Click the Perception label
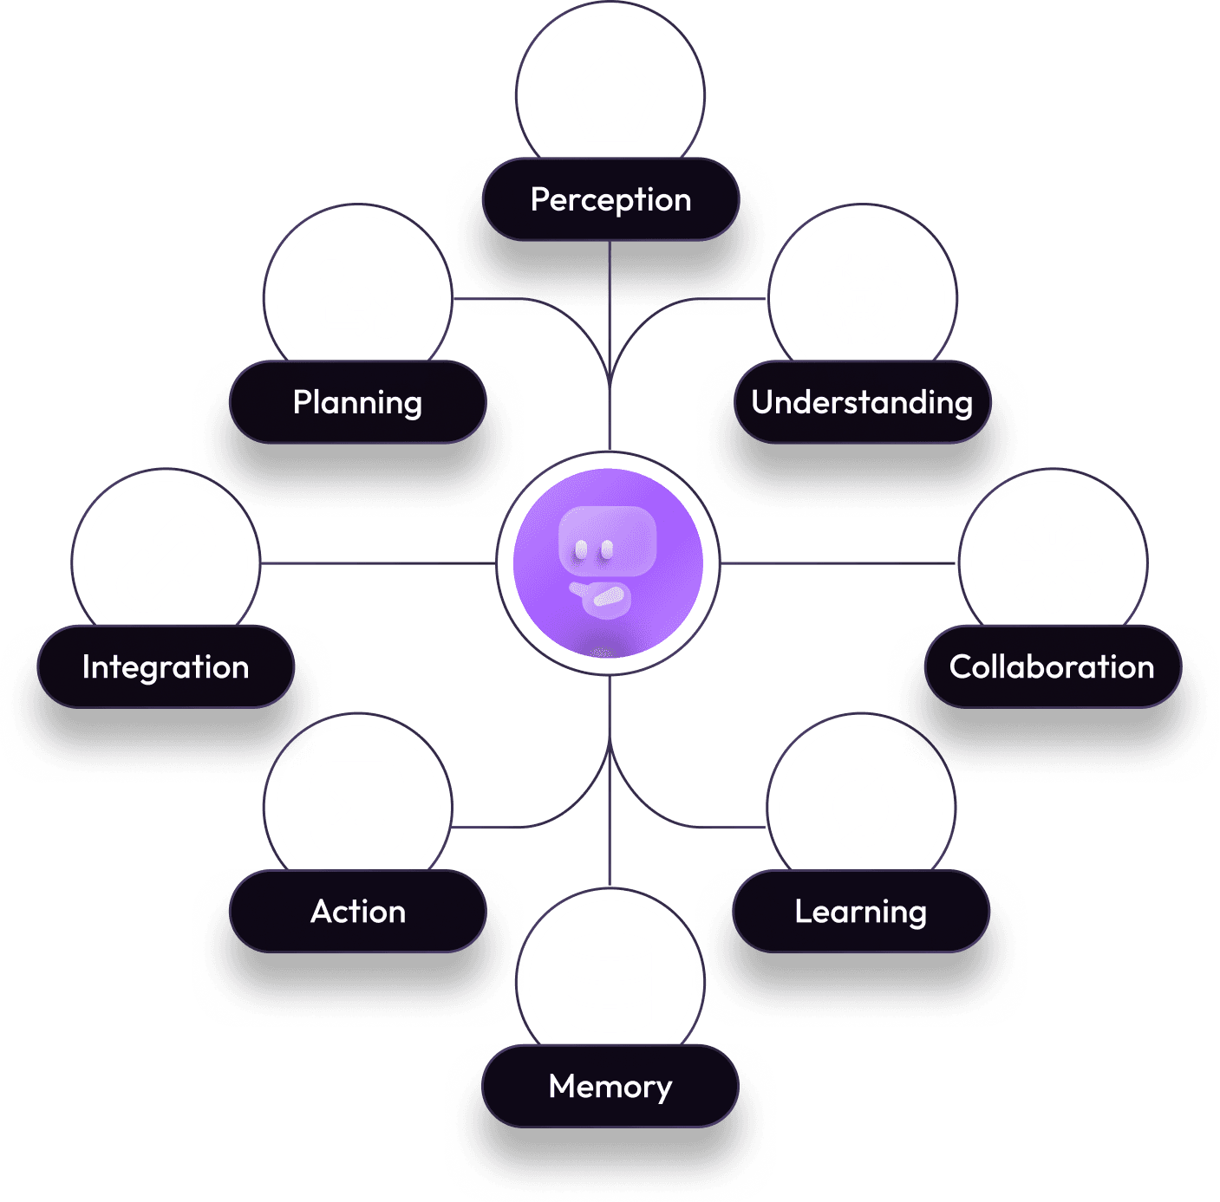tap(610, 199)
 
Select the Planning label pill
tap(357, 402)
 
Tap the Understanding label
tap(862, 402)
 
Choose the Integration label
tap(166, 666)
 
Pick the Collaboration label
tap(1052, 666)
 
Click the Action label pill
tap(357, 912)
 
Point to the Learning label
tap(861, 912)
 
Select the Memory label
tap(610, 1086)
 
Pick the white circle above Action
tap(357, 802)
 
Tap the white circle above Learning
tap(861, 802)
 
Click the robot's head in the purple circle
tap(607, 542)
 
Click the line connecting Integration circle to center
tap(377, 563)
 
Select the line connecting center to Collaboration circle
tap(837, 563)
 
